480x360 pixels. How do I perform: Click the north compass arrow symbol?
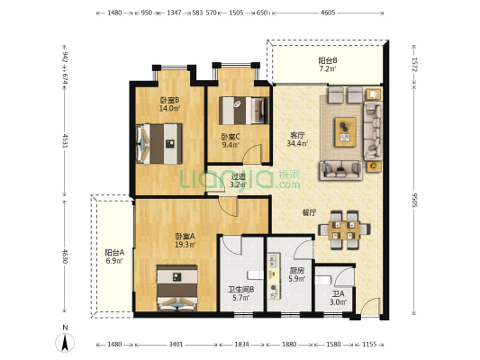click(65, 343)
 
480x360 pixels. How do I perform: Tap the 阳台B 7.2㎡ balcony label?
click(328, 64)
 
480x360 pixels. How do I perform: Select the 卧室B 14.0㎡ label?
click(169, 104)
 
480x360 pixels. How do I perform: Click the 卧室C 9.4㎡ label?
click(231, 140)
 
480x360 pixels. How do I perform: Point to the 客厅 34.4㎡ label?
click(297, 139)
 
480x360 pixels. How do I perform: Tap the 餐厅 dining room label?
click(309, 212)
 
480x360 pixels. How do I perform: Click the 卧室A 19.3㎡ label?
click(185, 240)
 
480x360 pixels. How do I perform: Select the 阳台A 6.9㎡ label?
click(114, 256)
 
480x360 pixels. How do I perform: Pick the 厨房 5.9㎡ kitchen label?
click(297, 274)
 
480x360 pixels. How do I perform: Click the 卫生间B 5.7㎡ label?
click(241, 293)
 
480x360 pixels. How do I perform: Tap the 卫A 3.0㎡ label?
click(339, 298)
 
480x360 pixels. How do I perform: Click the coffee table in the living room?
click(345, 131)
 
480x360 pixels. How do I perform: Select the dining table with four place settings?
click(344, 230)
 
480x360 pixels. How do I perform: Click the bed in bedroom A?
click(177, 287)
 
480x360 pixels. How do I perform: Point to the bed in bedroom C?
click(244, 111)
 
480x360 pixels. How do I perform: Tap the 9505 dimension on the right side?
click(414, 200)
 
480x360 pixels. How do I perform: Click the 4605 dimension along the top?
click(328, 13)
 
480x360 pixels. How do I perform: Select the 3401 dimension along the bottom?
click(176, 345)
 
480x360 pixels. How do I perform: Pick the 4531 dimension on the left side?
click(65, 140)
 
